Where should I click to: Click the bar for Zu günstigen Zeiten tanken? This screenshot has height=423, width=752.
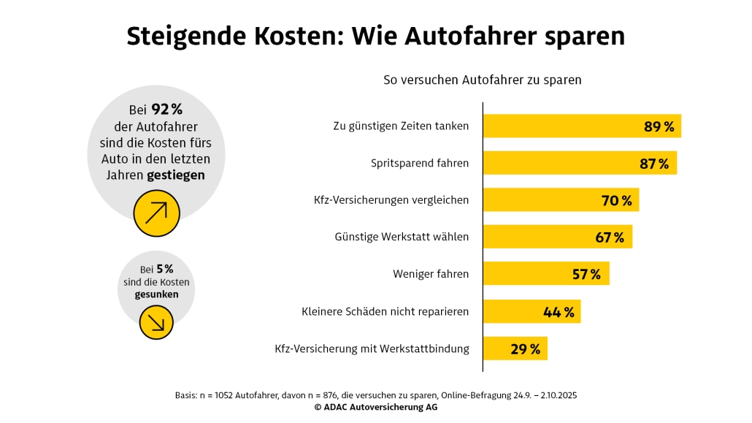(582, 126)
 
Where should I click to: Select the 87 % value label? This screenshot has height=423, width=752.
(654, 164)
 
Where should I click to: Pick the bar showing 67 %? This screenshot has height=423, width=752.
(558, 237)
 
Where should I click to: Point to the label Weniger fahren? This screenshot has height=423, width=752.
(431, 275)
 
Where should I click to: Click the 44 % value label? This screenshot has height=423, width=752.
(559, 312)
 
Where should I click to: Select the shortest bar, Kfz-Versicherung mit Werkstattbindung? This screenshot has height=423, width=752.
(515, 348)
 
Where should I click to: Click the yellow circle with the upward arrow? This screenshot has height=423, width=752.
(156, 213)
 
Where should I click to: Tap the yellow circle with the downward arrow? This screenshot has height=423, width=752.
(156, 322)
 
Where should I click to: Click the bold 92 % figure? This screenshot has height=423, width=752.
(166, 110)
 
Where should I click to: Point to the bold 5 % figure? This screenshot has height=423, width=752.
(164, 270)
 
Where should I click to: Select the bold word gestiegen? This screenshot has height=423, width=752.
(176, 175)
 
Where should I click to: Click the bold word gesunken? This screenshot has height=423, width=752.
(156, 294)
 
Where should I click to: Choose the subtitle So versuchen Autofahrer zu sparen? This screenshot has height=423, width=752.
(483, 80)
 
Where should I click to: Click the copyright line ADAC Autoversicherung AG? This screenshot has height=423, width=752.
(376, 408)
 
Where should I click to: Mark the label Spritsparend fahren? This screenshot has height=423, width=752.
(420, 164)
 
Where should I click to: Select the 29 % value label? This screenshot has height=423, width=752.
(526, 349)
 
